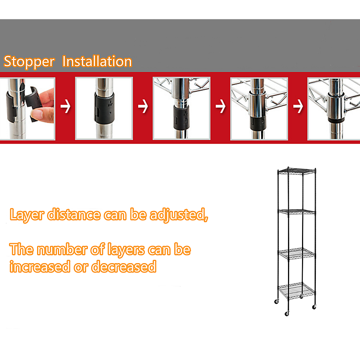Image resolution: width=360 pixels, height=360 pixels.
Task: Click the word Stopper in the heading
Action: coord(29,62)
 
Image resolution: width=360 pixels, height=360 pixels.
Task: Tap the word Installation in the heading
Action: coord(97,62)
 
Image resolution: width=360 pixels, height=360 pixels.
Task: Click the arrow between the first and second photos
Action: coord(65,107)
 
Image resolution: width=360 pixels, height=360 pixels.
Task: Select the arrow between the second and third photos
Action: coord(143,107)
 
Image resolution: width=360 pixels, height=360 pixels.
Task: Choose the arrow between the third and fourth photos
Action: coord(220,107)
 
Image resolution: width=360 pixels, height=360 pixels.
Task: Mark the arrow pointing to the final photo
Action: coord(298,107)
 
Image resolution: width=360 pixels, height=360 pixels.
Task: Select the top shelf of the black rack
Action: coord(297,170)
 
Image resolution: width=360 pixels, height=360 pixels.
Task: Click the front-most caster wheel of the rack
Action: coord(287,314)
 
